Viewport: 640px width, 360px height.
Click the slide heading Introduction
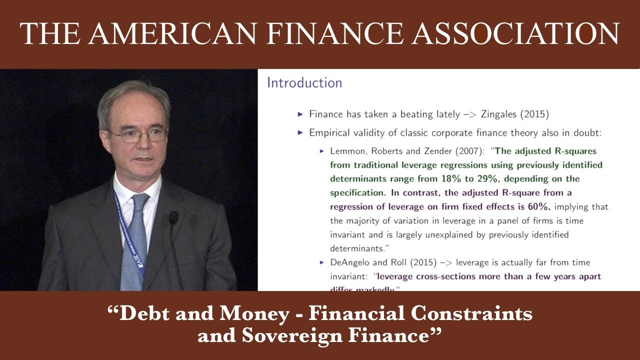click(x=304, y=83)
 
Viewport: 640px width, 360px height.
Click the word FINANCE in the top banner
click(x=333, y=34)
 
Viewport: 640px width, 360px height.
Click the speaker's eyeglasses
click(x=138, y=134)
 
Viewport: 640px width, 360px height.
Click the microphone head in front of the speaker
click(x=173, y=217)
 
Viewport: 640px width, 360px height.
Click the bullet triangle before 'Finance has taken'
click(x=300, y=114)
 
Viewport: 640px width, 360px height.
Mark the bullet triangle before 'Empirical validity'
click(x=300, y=132)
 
